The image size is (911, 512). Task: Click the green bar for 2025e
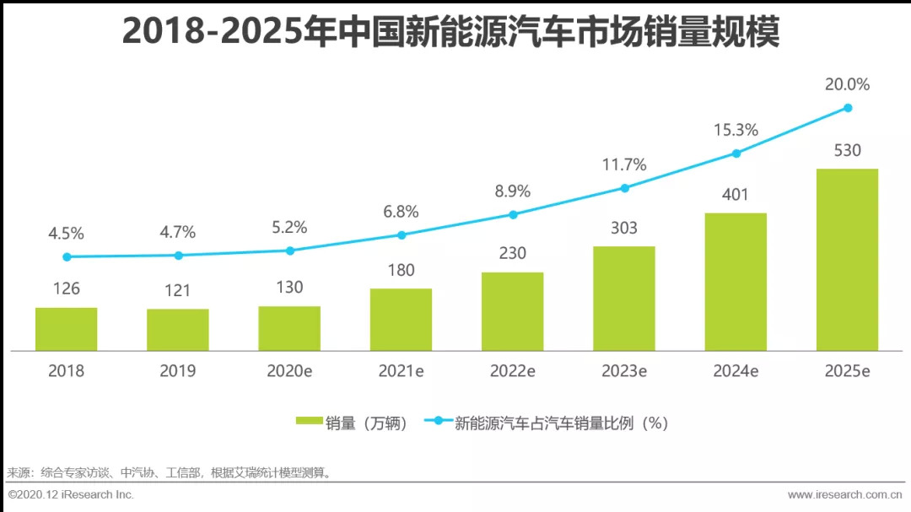847,260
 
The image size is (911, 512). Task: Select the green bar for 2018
66,329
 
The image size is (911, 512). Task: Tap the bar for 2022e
512,311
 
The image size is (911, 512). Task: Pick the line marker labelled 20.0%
848,107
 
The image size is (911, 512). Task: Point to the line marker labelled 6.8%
402,234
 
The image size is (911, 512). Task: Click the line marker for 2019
178,255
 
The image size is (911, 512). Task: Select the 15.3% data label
736,130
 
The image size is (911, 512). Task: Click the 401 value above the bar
736,195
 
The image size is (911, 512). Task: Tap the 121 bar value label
178,291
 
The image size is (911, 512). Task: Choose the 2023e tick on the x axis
624,370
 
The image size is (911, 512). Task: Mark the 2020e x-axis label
289,370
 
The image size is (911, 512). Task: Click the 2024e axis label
736,370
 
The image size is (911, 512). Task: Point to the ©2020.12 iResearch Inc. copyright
71,494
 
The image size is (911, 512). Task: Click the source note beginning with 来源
169,472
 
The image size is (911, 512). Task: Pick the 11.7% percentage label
624,164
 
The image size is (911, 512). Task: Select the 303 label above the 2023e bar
624,228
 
